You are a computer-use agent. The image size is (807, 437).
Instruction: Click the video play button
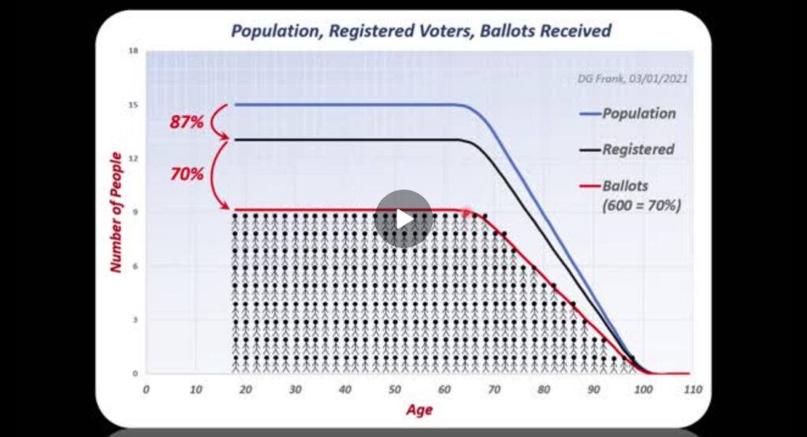click(403, 219)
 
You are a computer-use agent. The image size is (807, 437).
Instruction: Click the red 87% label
click(186, 122)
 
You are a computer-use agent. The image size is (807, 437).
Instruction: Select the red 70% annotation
click(186, 174)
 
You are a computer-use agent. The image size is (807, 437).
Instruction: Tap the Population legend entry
click(628, 113)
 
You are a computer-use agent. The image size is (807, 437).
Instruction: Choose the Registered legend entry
click(627, 150)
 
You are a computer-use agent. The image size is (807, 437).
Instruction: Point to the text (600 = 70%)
click(642, 206)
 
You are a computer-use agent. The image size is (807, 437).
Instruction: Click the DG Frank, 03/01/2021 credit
click(633, 79)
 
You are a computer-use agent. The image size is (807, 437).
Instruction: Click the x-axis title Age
click(419, 410)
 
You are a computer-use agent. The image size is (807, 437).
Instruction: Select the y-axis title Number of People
click(116, 212)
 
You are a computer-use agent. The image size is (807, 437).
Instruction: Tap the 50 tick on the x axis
click(395, 390)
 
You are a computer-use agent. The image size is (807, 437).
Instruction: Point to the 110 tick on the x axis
click(694, 390)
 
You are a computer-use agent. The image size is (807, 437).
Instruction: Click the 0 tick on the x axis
click(146, 390)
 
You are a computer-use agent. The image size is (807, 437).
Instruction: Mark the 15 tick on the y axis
click(133, 105)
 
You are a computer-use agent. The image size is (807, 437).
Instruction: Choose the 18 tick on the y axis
click(133, 51)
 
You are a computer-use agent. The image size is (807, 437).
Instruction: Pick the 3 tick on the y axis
click(136, 320)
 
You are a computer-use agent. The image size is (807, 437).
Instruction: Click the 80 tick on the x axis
click(544, 390)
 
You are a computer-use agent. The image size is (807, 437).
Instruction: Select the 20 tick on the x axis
click(246, 390)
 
